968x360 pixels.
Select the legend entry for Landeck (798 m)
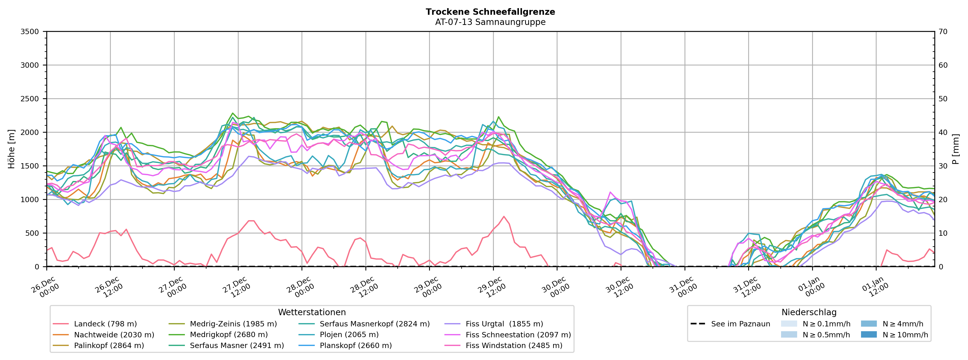coord(105,324)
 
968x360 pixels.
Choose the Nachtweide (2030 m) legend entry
coord(114,335)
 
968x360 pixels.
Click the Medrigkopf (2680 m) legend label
coord(228,335)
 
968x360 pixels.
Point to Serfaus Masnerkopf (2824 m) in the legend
coord(374,324)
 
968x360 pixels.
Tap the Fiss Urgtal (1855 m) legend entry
coord(504,324)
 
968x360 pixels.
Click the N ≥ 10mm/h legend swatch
coord(868,335)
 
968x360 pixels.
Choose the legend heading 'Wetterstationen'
coord(311,312)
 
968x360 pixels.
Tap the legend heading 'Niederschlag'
coord(809,312)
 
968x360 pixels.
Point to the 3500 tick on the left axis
coord(30,32)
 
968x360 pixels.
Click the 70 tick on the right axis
coord(943,32)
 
